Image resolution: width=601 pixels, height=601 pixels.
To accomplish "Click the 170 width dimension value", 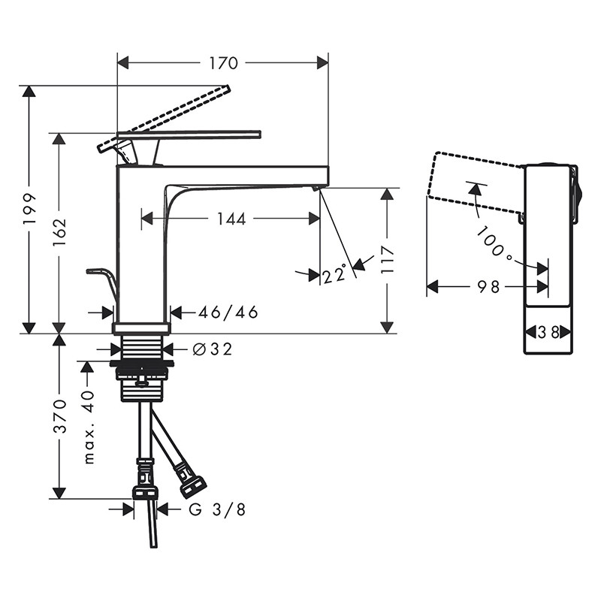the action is click(223, 63).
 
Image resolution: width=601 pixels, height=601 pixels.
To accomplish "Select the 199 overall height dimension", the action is click(29, 210).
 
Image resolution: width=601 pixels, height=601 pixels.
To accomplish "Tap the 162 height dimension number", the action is click(59, 233).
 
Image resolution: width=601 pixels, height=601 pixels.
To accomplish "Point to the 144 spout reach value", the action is click(231, 219).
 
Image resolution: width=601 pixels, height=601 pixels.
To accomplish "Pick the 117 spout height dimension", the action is click(388, 259).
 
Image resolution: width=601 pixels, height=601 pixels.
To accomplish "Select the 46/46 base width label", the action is click(228, 313).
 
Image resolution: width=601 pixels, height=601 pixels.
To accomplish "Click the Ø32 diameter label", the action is click(212, 349).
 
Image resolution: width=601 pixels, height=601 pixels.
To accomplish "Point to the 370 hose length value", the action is click(59, 416).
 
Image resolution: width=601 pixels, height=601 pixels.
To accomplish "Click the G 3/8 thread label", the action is click(217, 509).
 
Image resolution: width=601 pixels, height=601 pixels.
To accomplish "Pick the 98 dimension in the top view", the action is click(489, 286).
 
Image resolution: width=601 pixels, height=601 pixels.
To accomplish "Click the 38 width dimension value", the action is click(548, 332).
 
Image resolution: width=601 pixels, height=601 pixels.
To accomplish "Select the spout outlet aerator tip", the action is click(315, 188).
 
